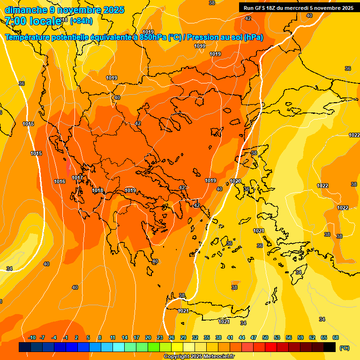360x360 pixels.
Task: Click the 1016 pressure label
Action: point(60,181)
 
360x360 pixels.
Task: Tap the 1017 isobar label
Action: point(77,178)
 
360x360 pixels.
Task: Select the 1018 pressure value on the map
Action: point(97,190)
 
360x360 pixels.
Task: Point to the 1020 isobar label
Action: point(235,181)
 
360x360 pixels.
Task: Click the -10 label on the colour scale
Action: point(32,337)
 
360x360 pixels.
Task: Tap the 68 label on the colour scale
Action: point(336,337)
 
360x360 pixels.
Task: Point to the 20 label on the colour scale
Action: point(148,337)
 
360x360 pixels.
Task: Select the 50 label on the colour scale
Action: point(265,337)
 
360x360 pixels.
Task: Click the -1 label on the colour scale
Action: point(66,337)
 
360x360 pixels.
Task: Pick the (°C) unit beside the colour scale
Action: point(345,348)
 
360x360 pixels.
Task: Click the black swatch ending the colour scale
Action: point(330,347)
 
